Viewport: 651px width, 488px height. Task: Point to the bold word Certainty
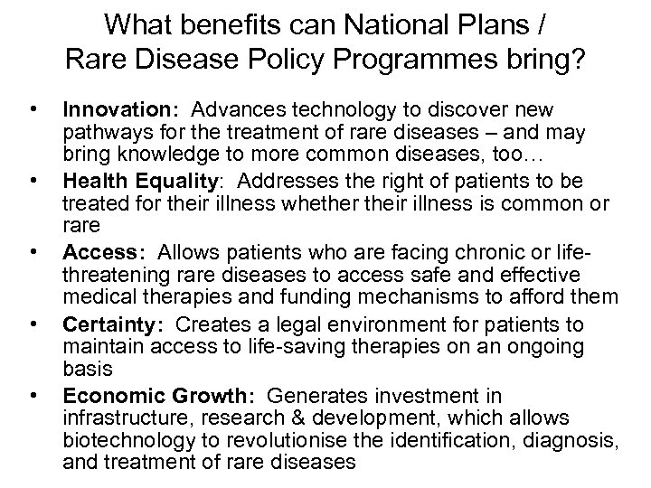click(x=101, y=324)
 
